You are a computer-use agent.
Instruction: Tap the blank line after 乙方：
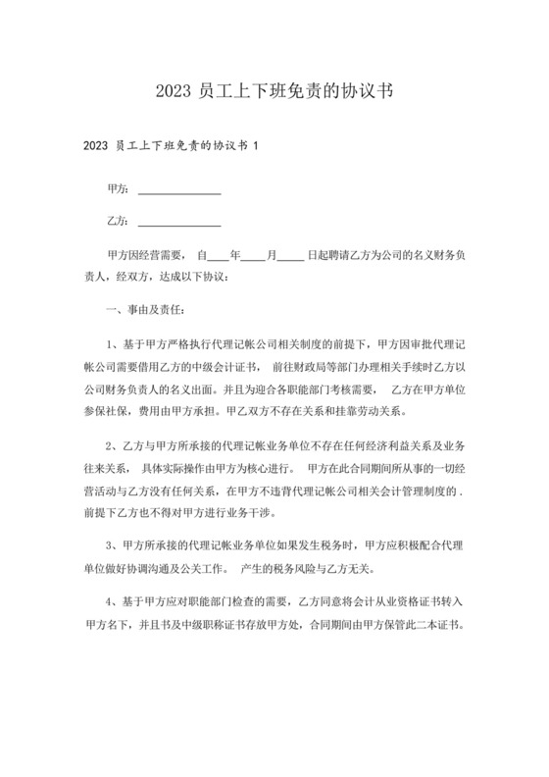(179, 222)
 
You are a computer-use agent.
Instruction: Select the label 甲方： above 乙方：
(119, 186)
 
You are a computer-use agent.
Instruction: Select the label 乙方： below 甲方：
(119, 222)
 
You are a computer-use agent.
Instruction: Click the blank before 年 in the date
(218, 256)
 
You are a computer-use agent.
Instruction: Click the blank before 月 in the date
(254, 256)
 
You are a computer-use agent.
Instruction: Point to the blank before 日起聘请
(290, 256)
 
